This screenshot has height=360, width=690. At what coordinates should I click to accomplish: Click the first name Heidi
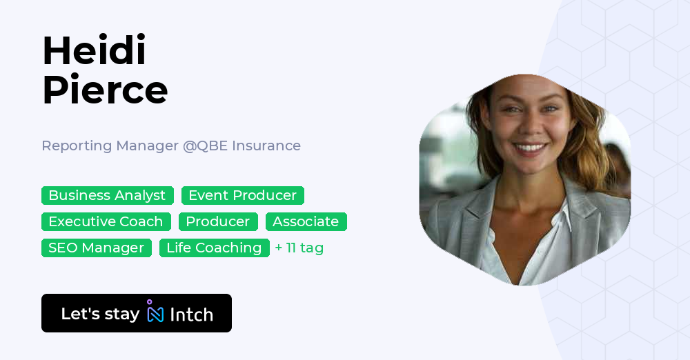[94, 51]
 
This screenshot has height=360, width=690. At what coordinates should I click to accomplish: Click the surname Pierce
[105, 90]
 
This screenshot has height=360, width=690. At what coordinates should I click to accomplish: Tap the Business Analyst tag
[107, 196]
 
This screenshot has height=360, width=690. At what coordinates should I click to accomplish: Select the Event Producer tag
[242, 196]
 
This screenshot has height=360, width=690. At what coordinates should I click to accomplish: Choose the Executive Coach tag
[106, 222]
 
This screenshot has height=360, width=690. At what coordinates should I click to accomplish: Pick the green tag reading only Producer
[218, 222]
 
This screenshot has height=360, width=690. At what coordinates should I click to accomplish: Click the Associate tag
[306, 222]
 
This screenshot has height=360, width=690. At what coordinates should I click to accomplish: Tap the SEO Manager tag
[96, 248]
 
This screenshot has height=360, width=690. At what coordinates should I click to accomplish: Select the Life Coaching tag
[214, 248]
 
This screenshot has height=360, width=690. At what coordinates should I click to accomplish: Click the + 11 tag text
[299, 248]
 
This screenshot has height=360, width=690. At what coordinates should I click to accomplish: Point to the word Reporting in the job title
[77, 146]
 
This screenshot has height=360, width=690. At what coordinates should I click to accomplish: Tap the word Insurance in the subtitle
[266, 146]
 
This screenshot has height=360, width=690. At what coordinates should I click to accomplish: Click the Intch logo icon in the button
[155, 312]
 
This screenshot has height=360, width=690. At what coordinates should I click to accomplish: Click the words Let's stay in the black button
[100, 314]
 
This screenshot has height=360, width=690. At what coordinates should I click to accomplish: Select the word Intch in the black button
[191, 314]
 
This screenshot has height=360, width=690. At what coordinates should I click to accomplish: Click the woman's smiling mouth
[531, 148]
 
